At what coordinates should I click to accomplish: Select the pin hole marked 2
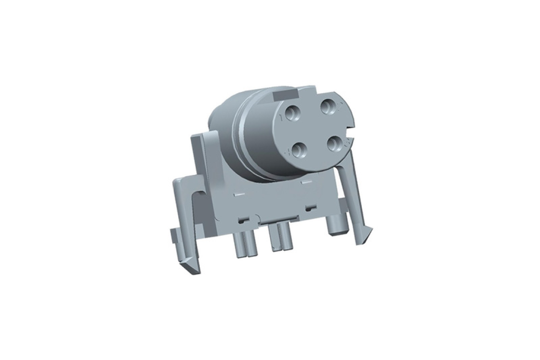point(329,107)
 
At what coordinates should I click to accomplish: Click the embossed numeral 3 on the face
point(348,147)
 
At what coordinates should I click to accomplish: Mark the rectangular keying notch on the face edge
point(351,137)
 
